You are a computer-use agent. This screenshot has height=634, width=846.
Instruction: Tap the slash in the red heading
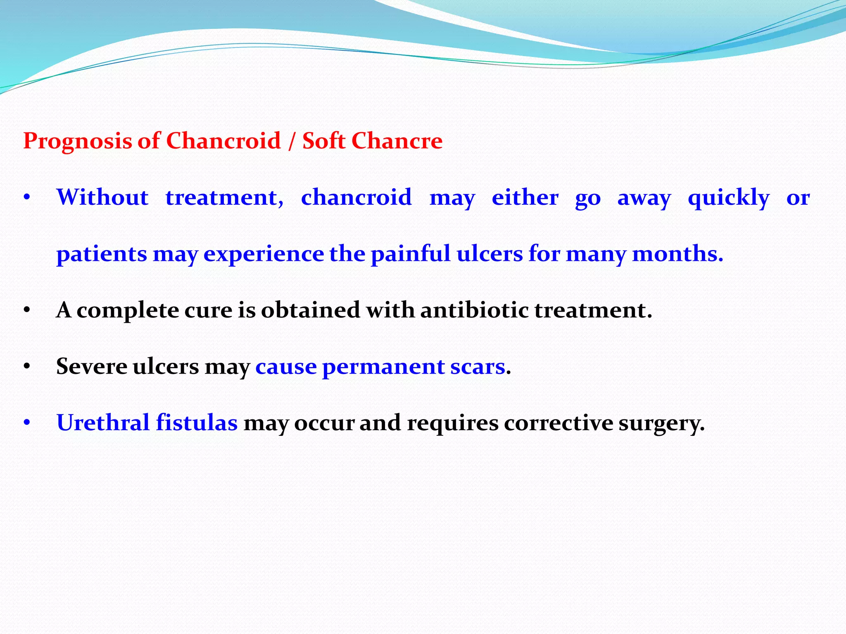point(292,142)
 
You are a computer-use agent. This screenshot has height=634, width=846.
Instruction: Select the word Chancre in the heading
point(397,141)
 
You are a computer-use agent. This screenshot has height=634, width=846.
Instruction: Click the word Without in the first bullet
point(102,197)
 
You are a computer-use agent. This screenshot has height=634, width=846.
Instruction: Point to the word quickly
point(729,198)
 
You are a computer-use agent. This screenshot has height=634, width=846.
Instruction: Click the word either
point(525,197)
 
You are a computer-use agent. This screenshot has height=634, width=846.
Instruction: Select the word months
point(677,253)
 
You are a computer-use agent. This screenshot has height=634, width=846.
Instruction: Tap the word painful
point(411,253)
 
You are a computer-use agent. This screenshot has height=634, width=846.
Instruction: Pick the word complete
point(128,311)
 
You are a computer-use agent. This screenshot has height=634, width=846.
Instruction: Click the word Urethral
point(103,423)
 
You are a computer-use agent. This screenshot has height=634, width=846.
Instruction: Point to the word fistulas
point(197,423)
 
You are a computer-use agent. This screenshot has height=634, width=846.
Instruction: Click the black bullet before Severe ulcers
point(27,367)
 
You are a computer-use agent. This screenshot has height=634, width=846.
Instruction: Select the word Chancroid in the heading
point(223,141)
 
